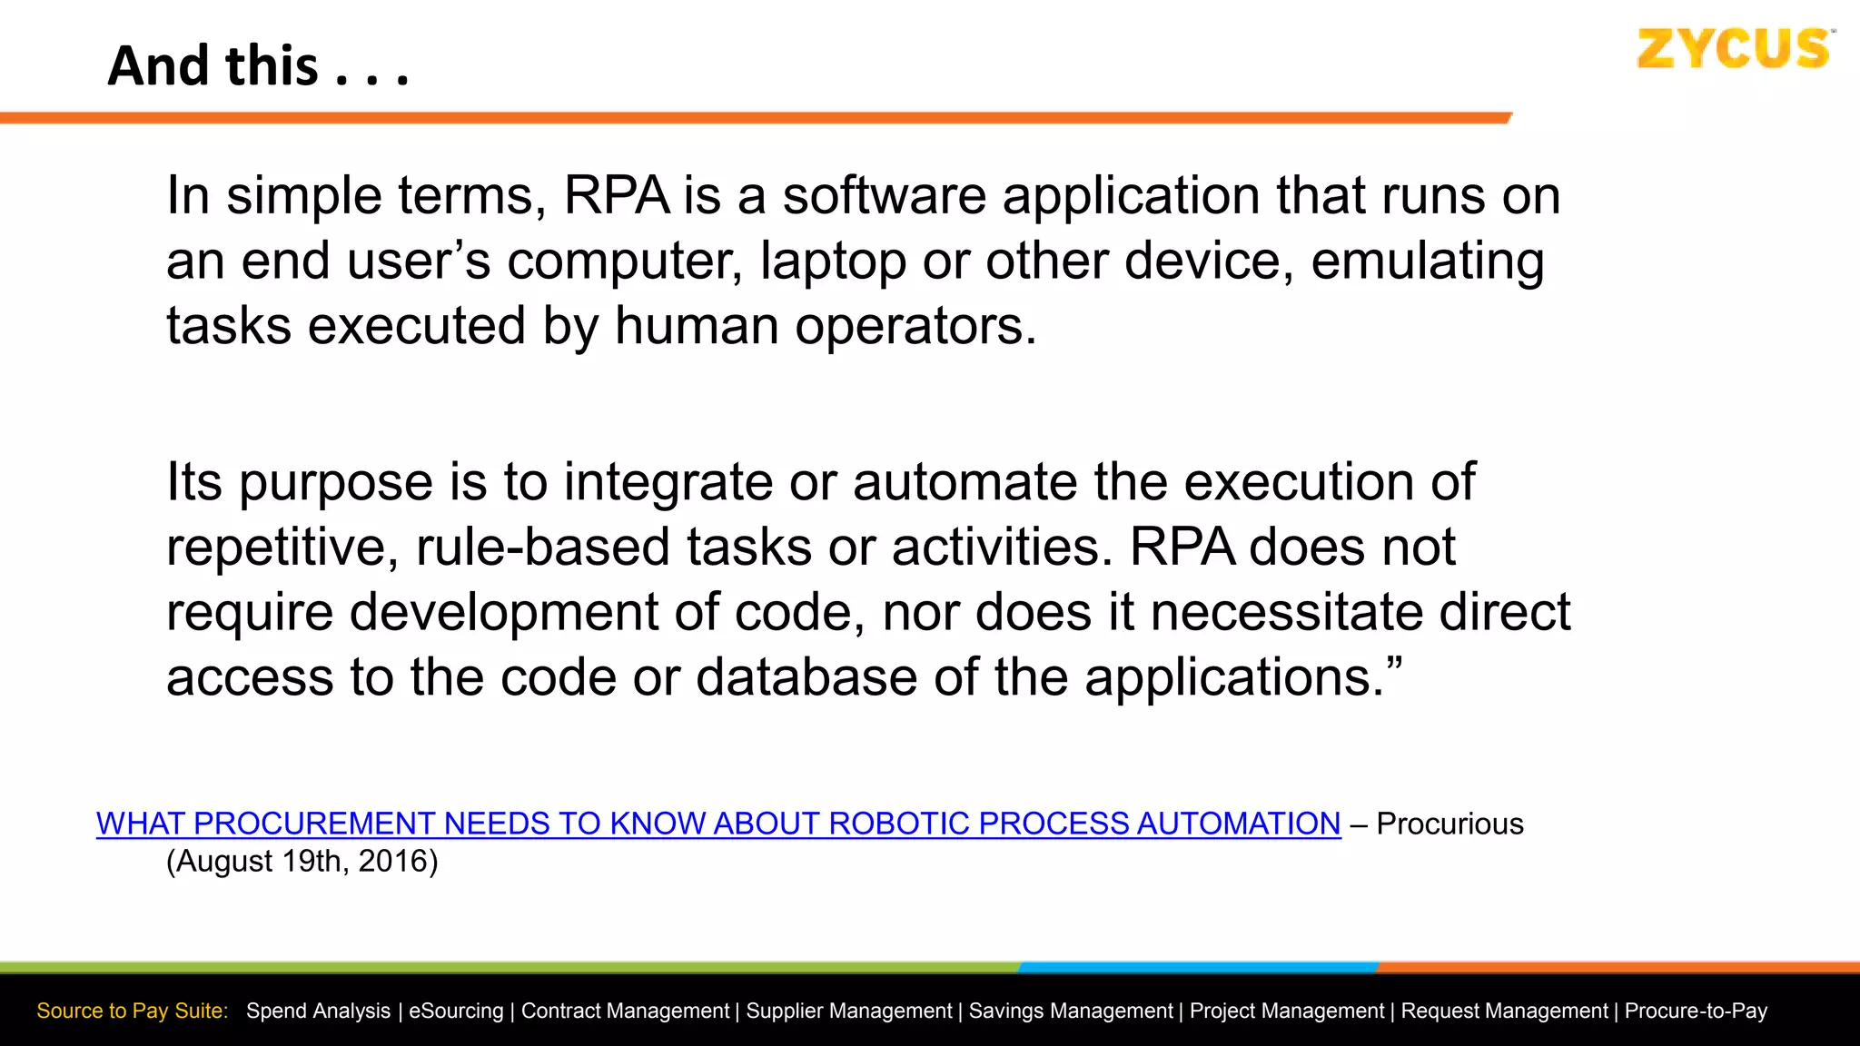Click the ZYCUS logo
tap(1735, 49)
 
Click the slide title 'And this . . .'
tap(259, 66)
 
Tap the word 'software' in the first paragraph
tap(884, 195)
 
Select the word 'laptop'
tap(833, 261)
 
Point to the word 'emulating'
tap(1428, 261)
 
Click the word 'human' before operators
tap(696, 326)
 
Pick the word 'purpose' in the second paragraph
tap(336, 482)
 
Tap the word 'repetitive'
tap(282, 548)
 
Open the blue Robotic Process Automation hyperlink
tap(718, 824)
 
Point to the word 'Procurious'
tap(1449, 824)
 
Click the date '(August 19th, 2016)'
tap(302, 861)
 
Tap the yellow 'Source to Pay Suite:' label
tap(133, 1011)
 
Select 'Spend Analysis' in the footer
tap(318, 1011)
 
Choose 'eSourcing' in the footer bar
tap(456, 1011)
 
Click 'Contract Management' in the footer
tap(625, 1011)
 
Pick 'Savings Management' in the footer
tap(1071, 1011)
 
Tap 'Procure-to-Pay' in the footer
tap(1696, 1011)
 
